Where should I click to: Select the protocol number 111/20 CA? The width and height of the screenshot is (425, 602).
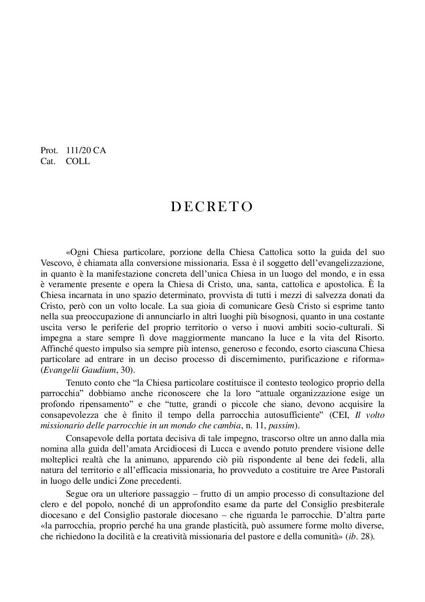tap(86, 151)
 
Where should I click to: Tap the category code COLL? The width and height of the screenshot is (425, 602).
tap(78, 162)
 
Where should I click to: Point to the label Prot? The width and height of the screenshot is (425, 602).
tap(49, 151)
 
